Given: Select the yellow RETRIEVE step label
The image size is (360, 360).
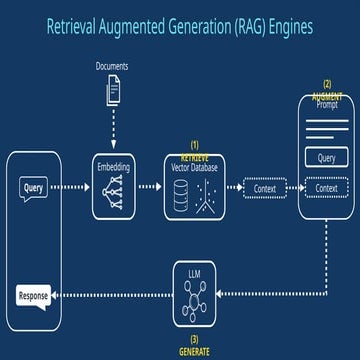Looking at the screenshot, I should (x=196, y=157).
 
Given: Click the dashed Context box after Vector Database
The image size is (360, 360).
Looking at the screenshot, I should (x=265, y=187).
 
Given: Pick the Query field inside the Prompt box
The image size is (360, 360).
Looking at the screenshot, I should (x=326, y=158).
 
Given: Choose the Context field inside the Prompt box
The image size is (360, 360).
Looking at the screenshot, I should (x=326, y=187).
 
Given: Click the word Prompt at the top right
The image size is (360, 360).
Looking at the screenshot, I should (x=327, y=103).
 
